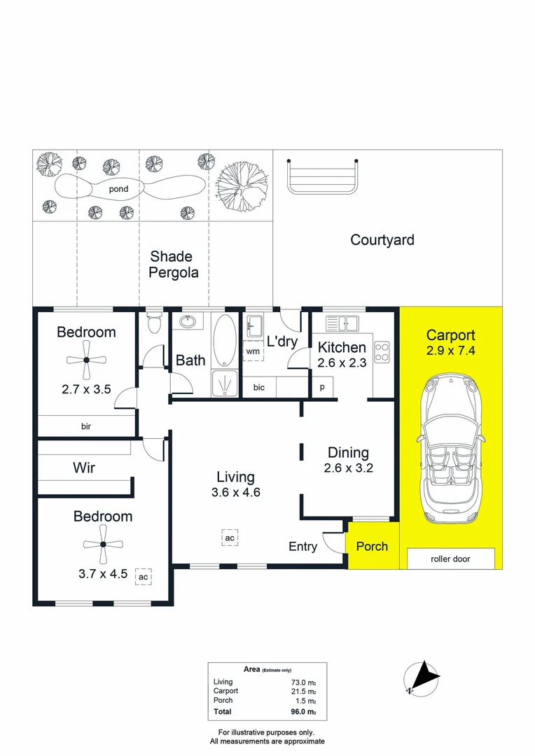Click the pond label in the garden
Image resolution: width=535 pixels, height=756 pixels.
118,189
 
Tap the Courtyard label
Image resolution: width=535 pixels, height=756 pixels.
382,240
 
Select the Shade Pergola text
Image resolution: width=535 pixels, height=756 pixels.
173,265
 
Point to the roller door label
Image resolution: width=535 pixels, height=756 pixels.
451,559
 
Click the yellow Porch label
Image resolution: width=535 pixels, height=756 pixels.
371,546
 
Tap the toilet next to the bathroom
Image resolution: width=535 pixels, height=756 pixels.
154,325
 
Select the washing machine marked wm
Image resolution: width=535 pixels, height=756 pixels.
252,351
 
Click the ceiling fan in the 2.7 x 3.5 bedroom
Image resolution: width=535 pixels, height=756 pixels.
86,360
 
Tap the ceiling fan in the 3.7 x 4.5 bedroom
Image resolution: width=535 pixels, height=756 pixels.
103,545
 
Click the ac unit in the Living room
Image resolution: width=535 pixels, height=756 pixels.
229,538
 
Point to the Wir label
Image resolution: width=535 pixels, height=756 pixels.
84,468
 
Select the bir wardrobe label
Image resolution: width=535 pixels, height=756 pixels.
86,426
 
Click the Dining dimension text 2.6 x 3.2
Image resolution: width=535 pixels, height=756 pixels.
348,468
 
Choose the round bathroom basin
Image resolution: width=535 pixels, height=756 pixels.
188,322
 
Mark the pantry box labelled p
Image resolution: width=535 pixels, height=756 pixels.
323,387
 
